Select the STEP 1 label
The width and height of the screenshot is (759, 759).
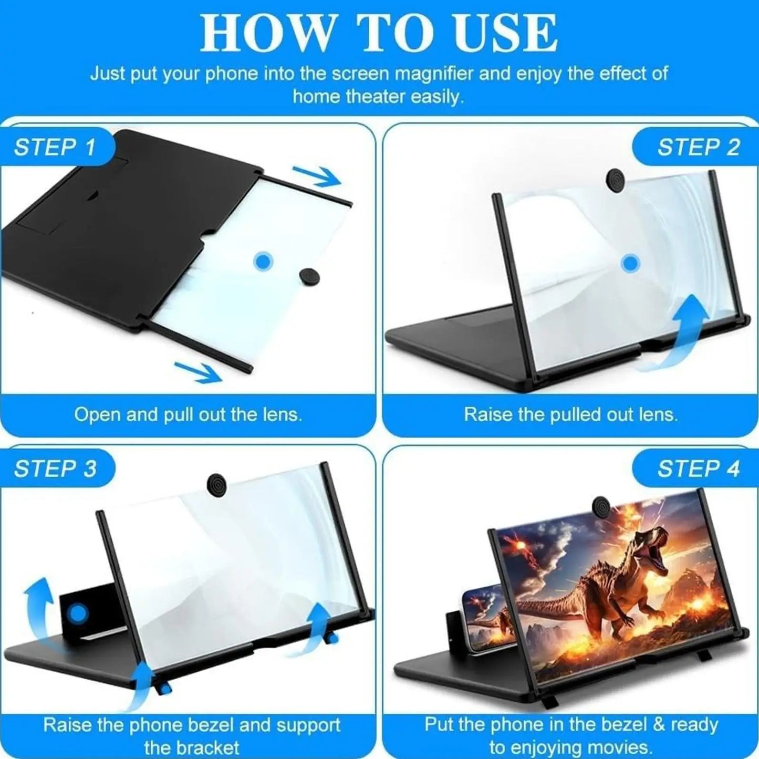[x=55, y=147]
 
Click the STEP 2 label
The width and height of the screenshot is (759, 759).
[x=698, y=147]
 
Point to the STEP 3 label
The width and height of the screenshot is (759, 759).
[x=55, y=469]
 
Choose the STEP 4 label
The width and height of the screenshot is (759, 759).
[x=698, y=469]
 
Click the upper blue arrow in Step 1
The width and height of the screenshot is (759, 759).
[x=316, y=176]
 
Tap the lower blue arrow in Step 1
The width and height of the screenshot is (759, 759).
[x=197, y=371]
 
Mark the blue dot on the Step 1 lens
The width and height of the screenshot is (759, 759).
[x=263, y=261]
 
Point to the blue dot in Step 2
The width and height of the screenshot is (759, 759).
[x=630, y=263]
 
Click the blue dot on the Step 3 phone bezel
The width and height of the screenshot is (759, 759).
[x=79, y=612]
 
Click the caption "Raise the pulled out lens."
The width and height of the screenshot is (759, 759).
[x=570, y=415]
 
